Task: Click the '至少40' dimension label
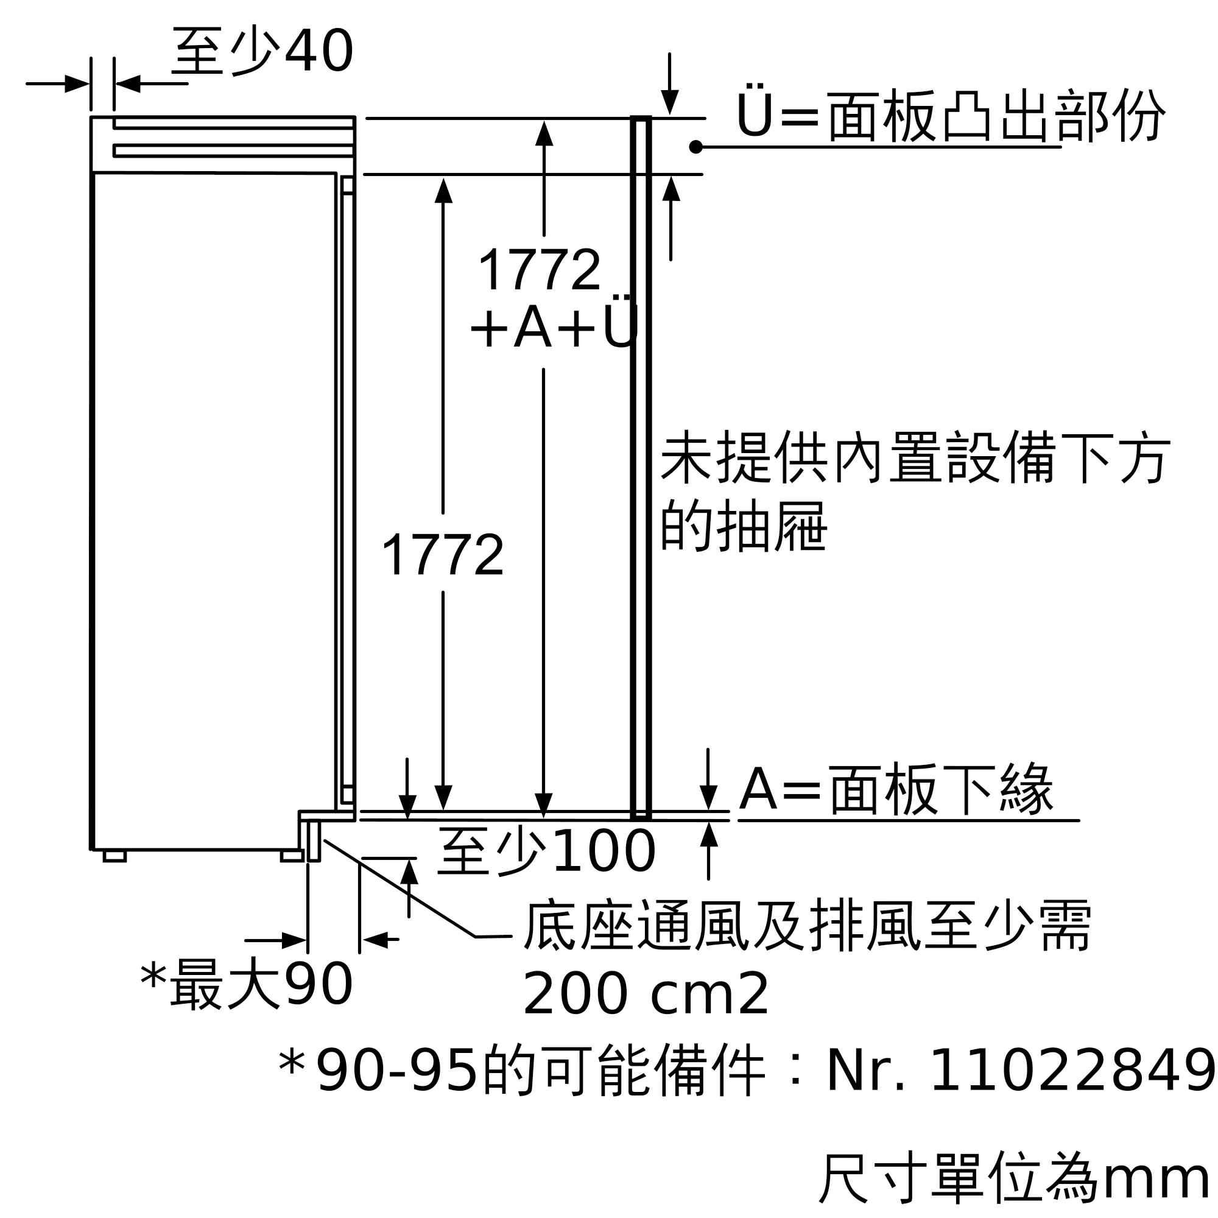262,52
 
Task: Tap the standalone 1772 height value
443,555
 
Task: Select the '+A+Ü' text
554,326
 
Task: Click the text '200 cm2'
645,994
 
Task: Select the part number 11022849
1072,1070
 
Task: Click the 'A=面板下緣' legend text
896,790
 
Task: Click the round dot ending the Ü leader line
696,147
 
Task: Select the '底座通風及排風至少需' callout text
808,926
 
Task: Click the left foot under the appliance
114,856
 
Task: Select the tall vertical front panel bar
641,466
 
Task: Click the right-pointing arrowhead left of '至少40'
77,83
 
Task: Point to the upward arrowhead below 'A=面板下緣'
709,835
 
